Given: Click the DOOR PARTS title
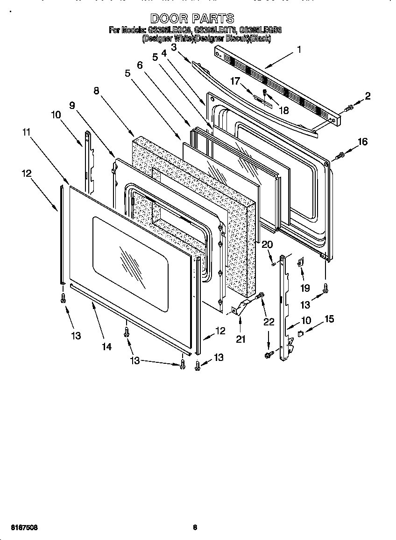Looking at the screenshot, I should [192, 18].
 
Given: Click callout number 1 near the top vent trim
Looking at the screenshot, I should [299, 49].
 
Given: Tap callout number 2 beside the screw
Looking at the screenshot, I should [368, 97].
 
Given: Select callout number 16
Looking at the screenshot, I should [362, 142].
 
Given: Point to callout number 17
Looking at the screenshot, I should [235, 81].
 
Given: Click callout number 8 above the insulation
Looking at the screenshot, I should [96, 91].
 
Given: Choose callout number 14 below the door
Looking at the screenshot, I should [107, 346].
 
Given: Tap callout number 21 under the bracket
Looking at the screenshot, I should [240, 339].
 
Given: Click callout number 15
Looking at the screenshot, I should [329, 319].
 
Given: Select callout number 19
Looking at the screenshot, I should [305, 288].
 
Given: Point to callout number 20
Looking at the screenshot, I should [268, 245].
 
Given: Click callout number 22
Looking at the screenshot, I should [268, 322].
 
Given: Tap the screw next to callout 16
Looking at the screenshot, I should [340, 154].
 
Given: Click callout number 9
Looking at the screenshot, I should [72, 106].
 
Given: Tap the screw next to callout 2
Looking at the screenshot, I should [347, 108].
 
